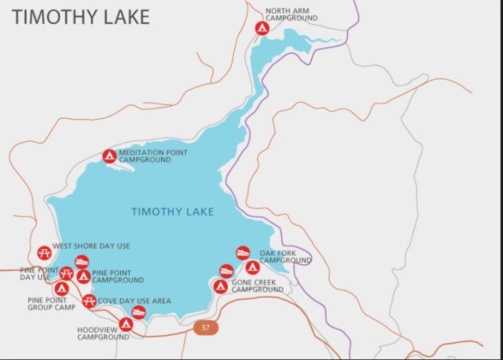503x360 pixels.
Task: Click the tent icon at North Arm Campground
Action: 261,28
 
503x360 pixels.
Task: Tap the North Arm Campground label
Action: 288,15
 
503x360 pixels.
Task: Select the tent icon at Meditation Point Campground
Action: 109,156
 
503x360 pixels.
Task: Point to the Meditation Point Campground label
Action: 153,156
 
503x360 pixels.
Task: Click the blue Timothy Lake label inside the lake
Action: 172,212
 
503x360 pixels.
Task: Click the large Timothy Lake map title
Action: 81,18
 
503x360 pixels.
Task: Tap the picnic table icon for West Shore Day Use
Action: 44,252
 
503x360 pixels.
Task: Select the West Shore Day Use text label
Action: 91,246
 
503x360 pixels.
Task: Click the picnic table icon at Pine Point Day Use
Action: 66,273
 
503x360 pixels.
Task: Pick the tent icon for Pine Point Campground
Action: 83,277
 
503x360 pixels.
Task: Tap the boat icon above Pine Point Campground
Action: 82,262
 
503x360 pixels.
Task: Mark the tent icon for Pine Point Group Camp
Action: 61,288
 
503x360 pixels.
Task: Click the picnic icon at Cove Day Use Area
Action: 89,301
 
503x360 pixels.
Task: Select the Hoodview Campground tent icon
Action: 126,324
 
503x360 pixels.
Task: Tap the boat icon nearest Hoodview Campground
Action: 139,313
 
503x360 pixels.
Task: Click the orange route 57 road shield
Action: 205,328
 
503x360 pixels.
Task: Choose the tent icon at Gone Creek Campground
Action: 220,286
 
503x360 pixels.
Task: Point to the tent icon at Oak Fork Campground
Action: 253,267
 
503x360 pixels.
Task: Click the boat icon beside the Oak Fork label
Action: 242,253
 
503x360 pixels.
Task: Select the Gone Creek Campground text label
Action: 257,286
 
